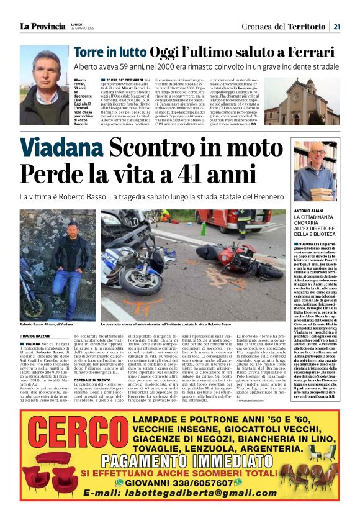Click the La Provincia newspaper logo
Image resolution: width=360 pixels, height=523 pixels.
[x=42, y=26]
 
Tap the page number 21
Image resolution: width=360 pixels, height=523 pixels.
[x=336, y=26]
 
